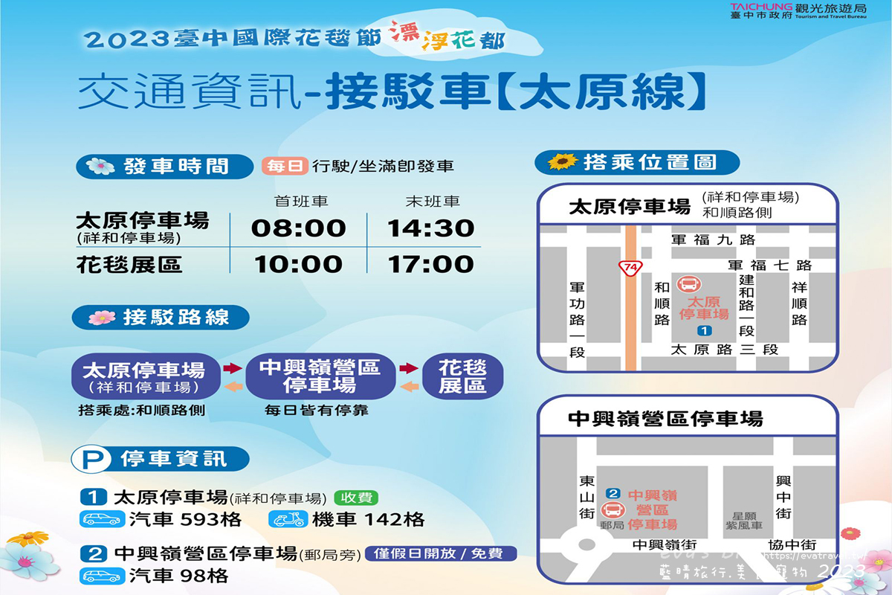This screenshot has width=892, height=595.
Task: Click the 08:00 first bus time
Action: pos(299,228)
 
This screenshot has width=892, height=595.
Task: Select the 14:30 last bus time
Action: pos(430,228)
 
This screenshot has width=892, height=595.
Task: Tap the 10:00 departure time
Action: pos(299,264)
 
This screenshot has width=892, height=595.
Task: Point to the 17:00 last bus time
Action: pos(430,264)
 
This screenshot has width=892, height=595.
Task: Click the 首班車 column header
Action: pos(301,202)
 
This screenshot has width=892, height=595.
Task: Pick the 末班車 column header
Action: pos(432,202)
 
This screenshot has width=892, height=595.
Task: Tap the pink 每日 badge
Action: pos(285,167)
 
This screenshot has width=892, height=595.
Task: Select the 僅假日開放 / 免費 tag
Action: pos(439,553)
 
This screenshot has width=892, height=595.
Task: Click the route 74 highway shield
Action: pos(630,266)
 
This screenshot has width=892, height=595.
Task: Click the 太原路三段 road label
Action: pos(724,350)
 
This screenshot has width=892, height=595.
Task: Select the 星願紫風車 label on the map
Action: pos(744,521)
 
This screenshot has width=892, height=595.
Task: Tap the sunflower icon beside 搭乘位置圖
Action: pos(562,161)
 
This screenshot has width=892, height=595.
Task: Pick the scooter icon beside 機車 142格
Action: pos(286,519)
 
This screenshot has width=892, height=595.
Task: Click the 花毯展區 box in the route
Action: pos(462,376)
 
